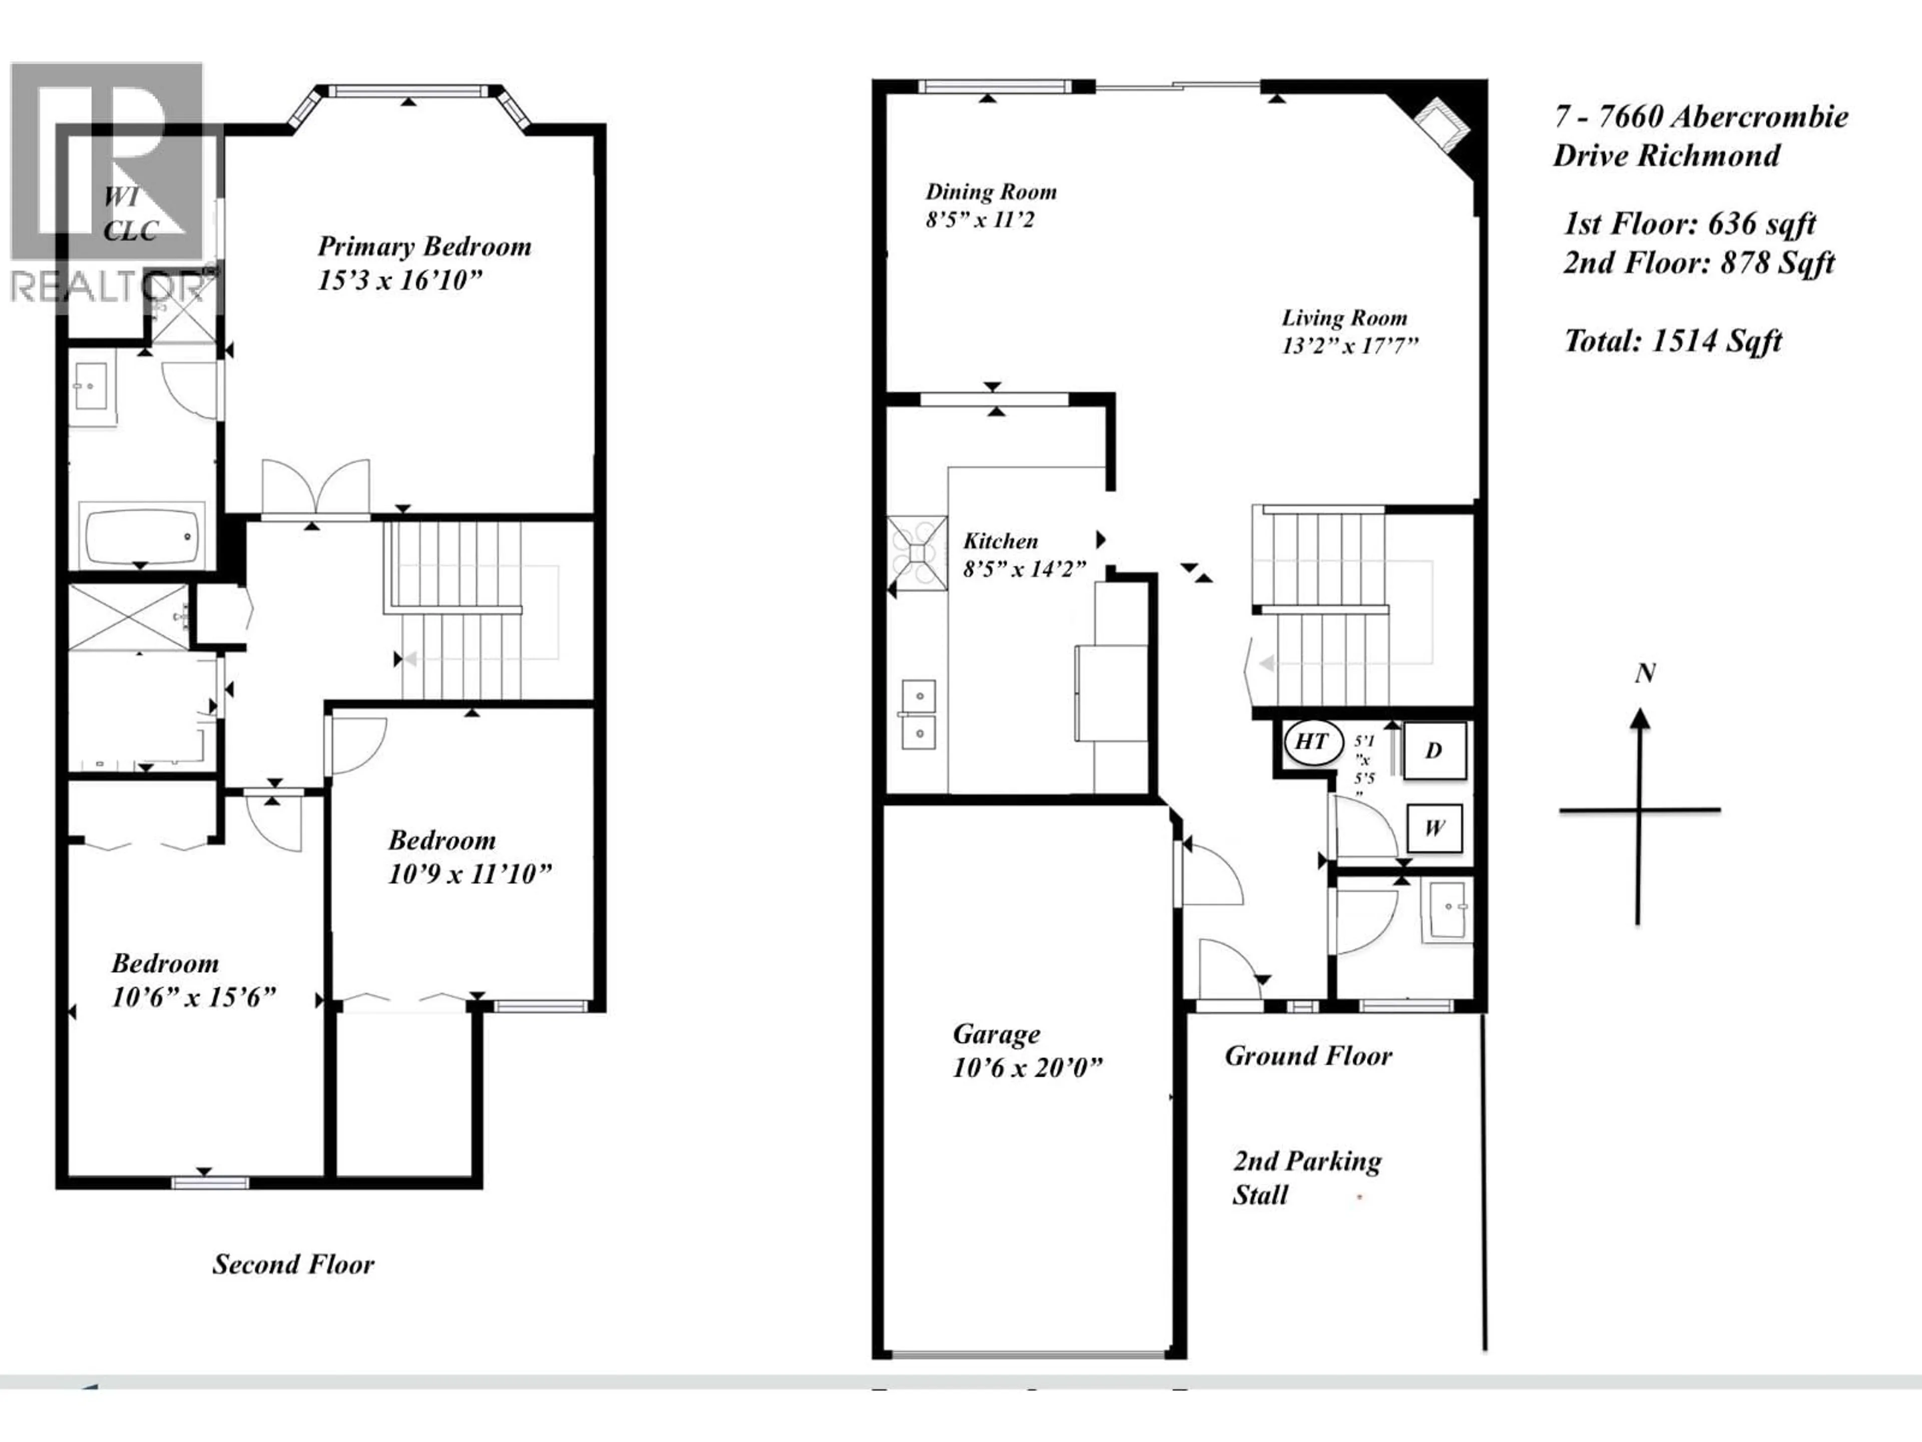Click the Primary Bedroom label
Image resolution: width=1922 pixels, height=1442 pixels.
[424, 247]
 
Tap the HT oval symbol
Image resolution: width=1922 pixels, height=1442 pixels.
[1312, 742]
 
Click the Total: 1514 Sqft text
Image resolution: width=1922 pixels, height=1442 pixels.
[1673, 341]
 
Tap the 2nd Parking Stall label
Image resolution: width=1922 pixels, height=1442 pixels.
[1306, 1178]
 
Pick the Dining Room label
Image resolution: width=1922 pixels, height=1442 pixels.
[991, 192]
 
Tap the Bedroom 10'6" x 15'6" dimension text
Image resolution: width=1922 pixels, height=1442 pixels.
[193, 997]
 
